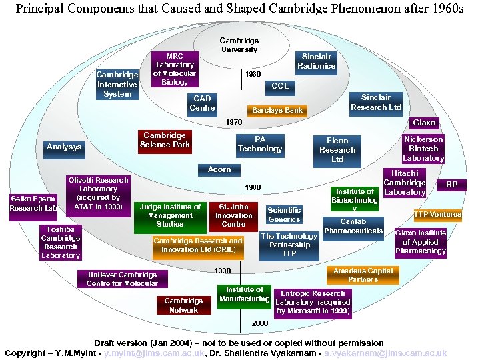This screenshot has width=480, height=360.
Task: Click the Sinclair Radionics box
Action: [317, 61]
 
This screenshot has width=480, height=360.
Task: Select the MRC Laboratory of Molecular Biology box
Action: [175, 69]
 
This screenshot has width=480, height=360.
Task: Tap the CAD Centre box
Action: [202, 103]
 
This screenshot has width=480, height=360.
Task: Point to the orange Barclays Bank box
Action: [277, 111]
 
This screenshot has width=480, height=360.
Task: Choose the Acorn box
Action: [219, 169]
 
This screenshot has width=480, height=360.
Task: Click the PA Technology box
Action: [260, 144]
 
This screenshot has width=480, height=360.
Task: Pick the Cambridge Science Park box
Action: [165, 140]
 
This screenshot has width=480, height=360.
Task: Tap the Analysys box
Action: [64, 147]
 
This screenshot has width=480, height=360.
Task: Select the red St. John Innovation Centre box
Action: [234, 216]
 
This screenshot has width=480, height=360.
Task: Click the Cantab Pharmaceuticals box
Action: [353, 226]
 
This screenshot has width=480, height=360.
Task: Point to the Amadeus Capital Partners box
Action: [363, 275]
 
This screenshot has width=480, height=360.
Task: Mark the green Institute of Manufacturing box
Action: [244, 294]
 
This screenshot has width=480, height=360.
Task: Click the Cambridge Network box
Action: [183, 305]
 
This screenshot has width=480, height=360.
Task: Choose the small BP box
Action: [451, 185]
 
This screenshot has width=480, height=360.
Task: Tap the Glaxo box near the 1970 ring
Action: [424, 123]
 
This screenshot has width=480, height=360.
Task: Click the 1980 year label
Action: [253, 187]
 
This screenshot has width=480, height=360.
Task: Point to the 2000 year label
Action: [259, 323]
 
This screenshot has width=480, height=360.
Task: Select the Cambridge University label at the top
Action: [239, 45]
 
